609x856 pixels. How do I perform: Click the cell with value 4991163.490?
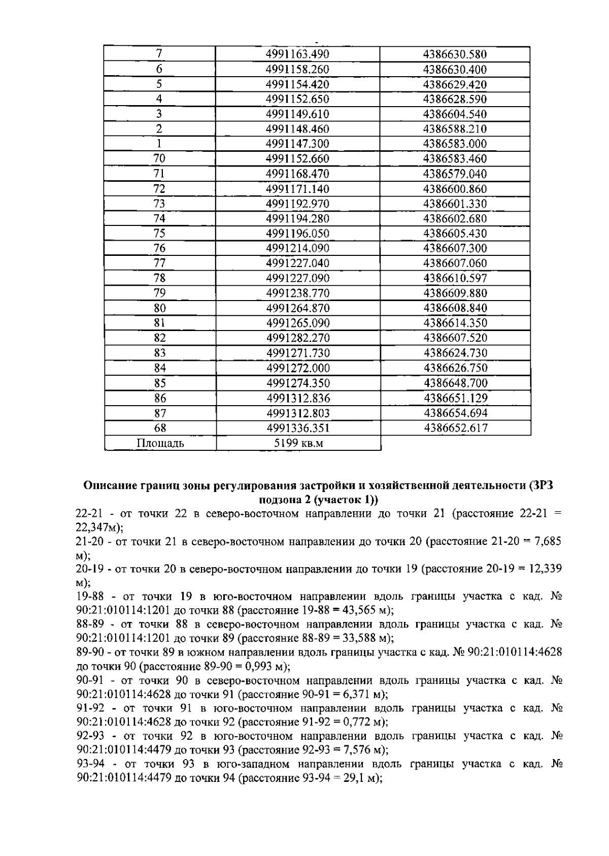[297, 54]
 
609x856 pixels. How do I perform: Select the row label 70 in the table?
[159, 158]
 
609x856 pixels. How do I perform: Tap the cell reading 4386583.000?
[455, 144]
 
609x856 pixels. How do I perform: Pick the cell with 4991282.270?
[297, 338]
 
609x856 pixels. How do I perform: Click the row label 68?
[159, 428]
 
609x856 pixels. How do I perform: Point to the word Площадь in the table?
[160, 443]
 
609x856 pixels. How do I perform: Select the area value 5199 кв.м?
[298, 443]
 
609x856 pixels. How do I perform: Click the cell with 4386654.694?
[455, 413]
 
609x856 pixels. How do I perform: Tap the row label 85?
[159, 383]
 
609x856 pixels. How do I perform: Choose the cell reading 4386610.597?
[455, 278]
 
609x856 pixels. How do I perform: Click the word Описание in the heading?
[108, 486]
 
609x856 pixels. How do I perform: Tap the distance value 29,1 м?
[356, 778]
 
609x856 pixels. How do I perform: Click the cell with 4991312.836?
[297, 398]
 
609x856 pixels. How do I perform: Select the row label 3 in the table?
[159, 114]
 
